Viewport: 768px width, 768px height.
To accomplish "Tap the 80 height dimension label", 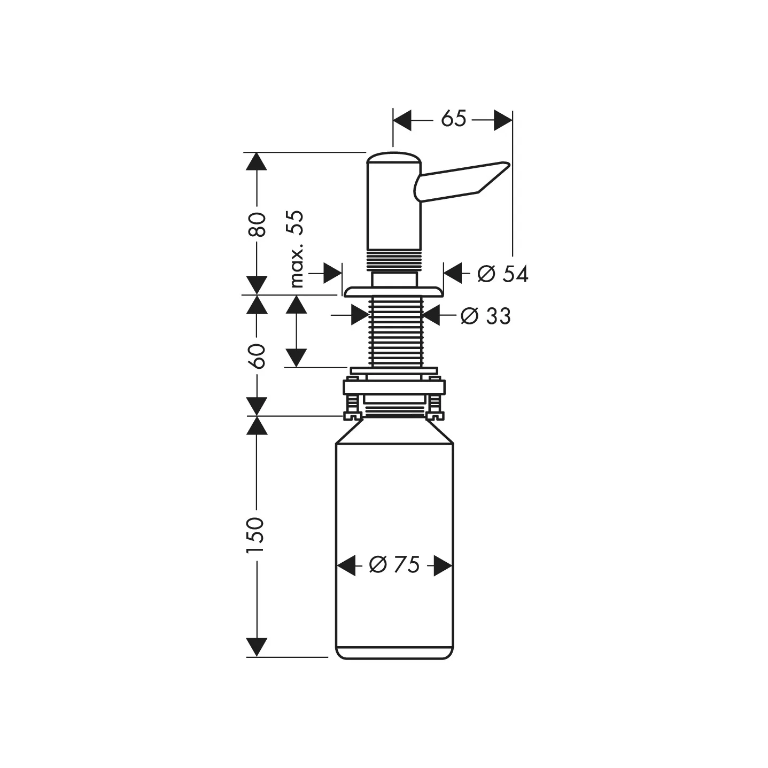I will tap(257, 224).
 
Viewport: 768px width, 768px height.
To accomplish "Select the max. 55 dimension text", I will tap(296, 249).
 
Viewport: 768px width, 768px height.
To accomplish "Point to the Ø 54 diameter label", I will tap(502, 274).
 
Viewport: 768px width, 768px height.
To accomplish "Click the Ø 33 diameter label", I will tap(486, 316).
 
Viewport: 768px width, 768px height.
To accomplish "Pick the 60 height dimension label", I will tap(257, 356).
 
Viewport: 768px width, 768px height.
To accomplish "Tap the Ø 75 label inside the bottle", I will tap(394, 565).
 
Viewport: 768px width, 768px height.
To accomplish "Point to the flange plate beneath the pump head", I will tap(393, 291).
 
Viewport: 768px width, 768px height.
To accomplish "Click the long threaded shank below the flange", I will tap(395, 331).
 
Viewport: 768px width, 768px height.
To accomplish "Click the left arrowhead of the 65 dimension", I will tap(402, 120).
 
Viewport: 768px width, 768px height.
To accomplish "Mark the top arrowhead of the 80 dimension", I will tap(257, 161).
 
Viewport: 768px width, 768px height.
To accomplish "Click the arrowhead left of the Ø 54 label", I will tap(453, 274).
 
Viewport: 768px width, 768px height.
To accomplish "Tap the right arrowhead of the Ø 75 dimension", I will tap(443, 565).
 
